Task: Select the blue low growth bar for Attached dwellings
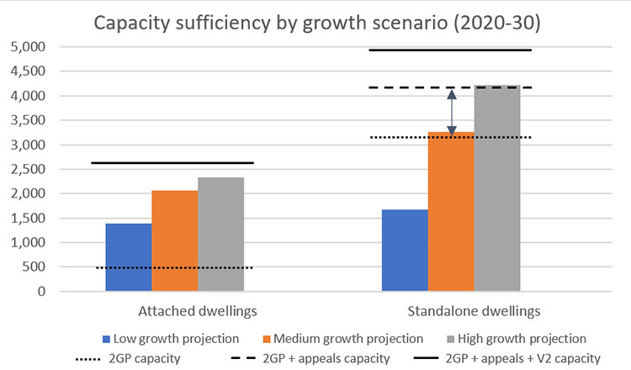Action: tap(128, 257)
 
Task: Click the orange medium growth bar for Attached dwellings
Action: tap(174, 240)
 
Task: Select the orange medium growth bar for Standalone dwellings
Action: tap(451, 212)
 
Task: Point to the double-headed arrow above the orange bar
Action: tap(452, 112)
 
